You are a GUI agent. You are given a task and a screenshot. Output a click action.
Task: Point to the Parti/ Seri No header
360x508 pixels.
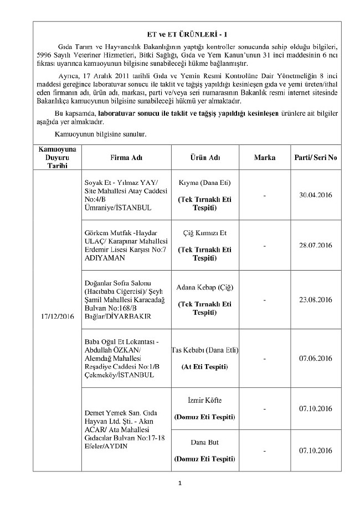click(315, 158)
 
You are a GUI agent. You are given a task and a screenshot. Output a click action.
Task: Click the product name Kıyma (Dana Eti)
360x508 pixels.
click(204, 183)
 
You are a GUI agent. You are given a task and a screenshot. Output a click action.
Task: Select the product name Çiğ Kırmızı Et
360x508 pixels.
click(204, 233)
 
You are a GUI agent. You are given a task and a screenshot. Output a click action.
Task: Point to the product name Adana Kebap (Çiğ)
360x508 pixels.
click(204, 288)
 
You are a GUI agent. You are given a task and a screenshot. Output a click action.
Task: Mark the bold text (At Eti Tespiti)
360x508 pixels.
click(204, 366)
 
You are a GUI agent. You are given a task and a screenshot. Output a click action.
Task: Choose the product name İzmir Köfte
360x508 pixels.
click(204, 400)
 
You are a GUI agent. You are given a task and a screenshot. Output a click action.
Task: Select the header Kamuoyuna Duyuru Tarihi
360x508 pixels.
click(56, 158)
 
